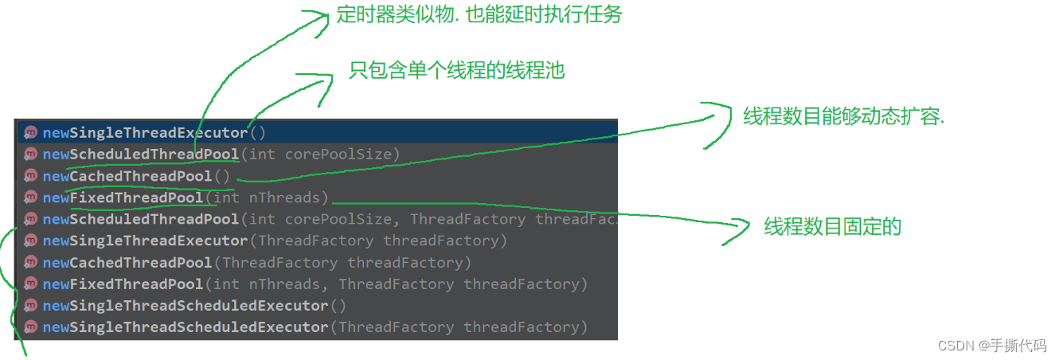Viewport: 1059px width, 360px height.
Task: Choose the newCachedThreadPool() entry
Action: tap(135, 176)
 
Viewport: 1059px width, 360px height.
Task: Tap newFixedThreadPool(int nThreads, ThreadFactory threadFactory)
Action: tap(315, 284)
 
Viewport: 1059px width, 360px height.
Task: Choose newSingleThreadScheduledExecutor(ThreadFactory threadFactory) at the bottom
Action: tap(315, 327)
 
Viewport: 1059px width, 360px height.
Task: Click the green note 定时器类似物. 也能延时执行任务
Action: tap(479, 14)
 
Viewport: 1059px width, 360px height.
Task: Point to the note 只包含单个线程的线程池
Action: tap(456, 70)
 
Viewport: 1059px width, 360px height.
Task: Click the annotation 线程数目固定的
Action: tap(832, 226)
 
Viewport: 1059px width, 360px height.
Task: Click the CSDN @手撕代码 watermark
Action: tap(991, 345)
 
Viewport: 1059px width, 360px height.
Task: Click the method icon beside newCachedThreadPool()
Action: tap(30, 176)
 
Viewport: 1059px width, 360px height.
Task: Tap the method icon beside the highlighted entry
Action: tap(30, 132)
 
